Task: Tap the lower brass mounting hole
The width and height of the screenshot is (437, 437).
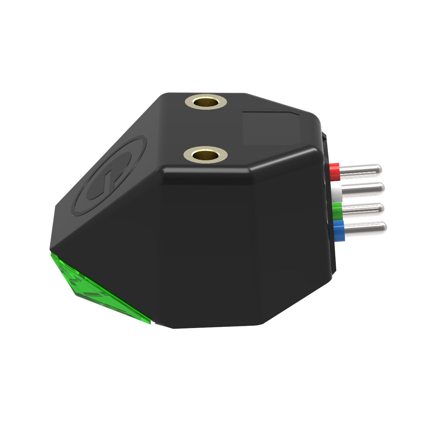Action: point(205,155)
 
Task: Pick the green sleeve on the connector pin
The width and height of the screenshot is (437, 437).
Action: point(337,211)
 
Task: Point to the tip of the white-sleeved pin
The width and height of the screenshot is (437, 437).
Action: point(381,187)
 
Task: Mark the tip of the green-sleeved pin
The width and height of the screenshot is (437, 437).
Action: point(381,208)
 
